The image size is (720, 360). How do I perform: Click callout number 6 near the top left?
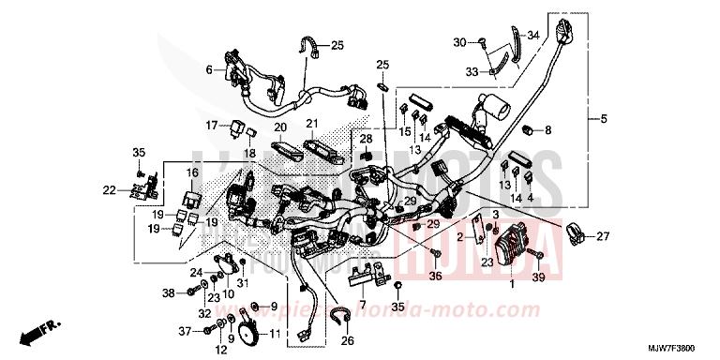[x=210, y=69]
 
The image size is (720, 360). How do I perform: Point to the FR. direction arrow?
[x=43, y=330]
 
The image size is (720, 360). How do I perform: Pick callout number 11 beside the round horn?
[x=275, y=334]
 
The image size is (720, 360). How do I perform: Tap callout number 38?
[x=169, y=293]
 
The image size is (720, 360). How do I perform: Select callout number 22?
[x=109, y=190]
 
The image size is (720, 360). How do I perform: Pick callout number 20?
[x=279, y=127]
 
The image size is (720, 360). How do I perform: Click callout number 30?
[x=459, y=42]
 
